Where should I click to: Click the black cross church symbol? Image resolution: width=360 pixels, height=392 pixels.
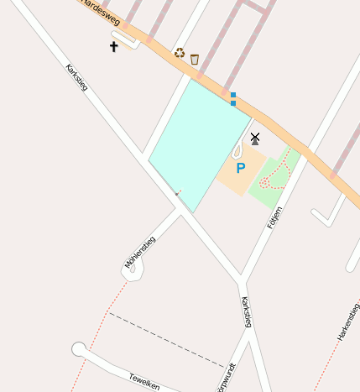[114, 47]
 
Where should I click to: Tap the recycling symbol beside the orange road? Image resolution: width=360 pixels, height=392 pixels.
[179, 53]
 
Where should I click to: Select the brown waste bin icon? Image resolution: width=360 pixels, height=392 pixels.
[195, 59]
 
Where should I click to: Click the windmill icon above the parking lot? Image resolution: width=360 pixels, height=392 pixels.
[255, 139]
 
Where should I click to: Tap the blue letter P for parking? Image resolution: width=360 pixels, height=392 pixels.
[241, 168]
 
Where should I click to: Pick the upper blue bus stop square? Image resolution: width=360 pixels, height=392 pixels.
[233, 95]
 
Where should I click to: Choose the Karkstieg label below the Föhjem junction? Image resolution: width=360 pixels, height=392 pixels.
[246, 311]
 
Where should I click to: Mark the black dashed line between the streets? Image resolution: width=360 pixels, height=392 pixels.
[168, 340]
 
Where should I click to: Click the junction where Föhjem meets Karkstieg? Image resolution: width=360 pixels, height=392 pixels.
[242, 278]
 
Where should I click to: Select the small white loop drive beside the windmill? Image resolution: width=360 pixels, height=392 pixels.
[237, 152]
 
